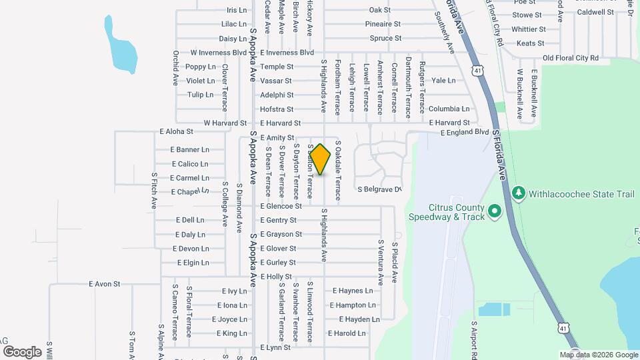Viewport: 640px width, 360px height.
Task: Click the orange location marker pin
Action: (320, 159)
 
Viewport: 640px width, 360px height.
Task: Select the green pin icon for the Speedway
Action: (494, 212)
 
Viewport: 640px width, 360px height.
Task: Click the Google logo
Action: (22, 351)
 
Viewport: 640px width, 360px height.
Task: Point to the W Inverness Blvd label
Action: (218, 52)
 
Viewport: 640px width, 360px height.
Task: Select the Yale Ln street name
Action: (443, 80)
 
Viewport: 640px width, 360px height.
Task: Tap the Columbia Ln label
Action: (449, 109)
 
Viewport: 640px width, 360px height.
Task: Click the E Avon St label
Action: (104, 283)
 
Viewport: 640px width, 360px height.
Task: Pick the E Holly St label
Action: (276, 276)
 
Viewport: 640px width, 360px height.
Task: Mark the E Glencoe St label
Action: (281, 206)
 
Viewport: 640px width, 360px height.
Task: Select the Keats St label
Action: (531, 43)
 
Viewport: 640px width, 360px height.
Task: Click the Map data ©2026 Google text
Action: (597, 355)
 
